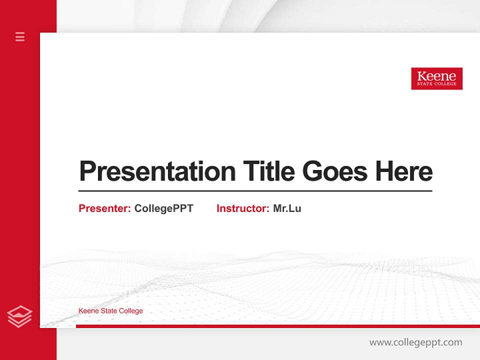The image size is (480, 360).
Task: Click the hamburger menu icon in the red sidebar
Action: click(x=20, y=36)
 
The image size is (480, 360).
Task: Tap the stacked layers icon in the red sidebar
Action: click(x=20, y=316)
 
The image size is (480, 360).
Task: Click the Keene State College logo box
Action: click(x=436, y=78)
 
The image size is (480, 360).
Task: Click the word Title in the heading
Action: click(x=268, y=171)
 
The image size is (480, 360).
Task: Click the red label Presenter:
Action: click(x=104, y=208)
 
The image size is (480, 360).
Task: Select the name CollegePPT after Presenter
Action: click(x=163, y=208)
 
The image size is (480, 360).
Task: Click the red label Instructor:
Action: click(x=242, y=208)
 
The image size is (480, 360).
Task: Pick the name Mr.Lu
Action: click(x=287, y=208)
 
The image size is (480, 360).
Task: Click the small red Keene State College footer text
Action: click(x=110, y=311)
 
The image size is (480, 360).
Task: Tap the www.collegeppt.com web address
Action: click(x=415, y=342)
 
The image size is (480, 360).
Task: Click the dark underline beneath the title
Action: click(x=255, y=190)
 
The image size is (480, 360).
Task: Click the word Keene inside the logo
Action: click(x=436, y=76)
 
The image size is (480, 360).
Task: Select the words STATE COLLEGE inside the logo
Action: click(x=436, y=84)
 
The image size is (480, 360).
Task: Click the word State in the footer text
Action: click(x=109, y=311)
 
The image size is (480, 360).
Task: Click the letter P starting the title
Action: click(x=87, y=171)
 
